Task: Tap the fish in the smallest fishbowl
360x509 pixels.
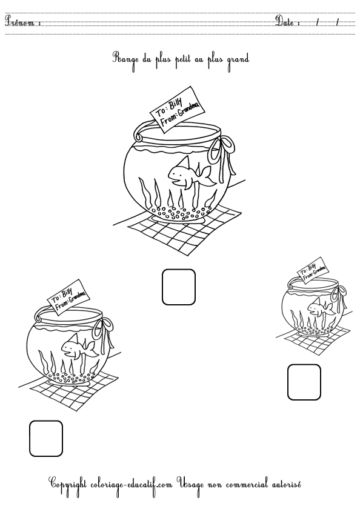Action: tap(319, 308)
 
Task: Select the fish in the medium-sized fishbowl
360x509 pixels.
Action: tap(77, 346)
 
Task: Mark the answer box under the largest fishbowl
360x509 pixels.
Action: tap(179, 287)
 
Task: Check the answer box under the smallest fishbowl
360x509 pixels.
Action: tap(304, 382)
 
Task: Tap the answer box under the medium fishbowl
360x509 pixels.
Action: tap(46, 438)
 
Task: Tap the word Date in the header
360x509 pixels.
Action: tap(287, 22)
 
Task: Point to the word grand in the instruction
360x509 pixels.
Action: tap(238, 59)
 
